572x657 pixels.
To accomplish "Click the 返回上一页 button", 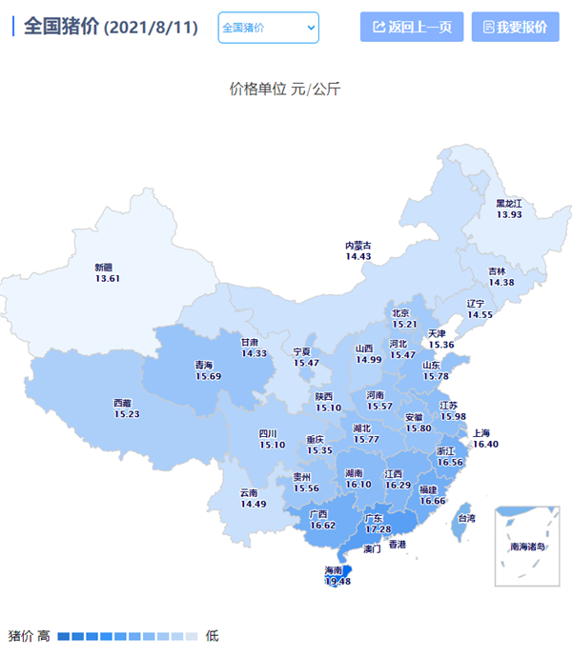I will (x=412, y=28).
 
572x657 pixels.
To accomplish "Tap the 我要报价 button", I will (x=515, y=28).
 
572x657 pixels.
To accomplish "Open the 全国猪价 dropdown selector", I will (x=268, y=28).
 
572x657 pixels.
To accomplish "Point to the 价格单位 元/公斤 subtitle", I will (x=285, y=90).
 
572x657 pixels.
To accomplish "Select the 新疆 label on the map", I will (x=103, y=267).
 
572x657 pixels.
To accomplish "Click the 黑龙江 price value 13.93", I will (x=509, y=214).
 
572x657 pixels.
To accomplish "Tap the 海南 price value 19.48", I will (x=338, y=581).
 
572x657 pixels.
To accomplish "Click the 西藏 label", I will (x=123, y=403).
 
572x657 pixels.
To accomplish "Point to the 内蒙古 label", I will (x=358, y=246).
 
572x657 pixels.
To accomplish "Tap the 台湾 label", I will (x=466, y=519).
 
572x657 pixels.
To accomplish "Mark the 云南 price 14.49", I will (x=254, y=504).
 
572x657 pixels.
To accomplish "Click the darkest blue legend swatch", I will (x=63, y=636).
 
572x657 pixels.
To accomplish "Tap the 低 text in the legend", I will (x=212, y=636).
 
